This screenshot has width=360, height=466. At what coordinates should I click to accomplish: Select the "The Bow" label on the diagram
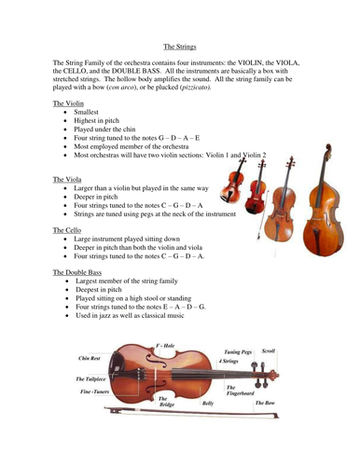click(x=267, y=403)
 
